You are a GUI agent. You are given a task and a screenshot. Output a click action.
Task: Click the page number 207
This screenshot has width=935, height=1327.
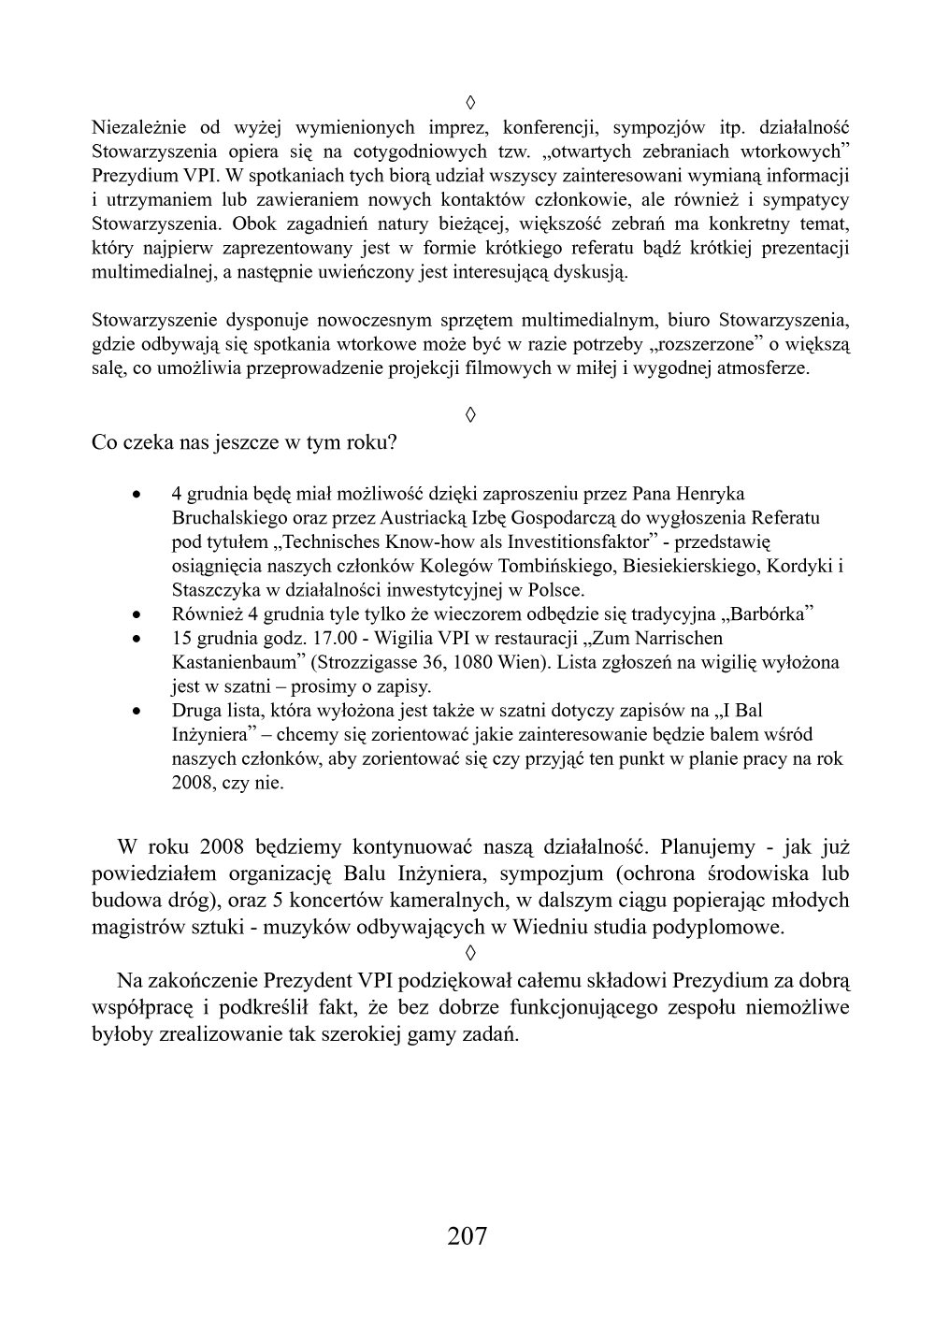pyautogui.click(x=467, y=1235)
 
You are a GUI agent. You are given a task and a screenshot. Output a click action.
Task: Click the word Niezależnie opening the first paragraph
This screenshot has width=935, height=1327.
pyautogui.click(x=138, y=126)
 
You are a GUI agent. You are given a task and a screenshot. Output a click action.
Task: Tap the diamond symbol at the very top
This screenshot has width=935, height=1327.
pyautogui.click(x=470, y=100)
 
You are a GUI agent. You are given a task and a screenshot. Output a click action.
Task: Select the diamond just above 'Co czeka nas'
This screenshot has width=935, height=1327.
pyautogui.click(x=470, y=413)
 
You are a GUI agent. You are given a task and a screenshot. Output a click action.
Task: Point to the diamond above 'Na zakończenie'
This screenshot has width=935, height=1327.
pyautogui.click(x=470, y=954)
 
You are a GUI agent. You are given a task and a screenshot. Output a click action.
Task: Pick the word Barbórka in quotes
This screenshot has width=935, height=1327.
pyautogui.click(x=770, y=614)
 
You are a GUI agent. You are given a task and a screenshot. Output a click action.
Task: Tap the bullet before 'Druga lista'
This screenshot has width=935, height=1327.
pyautogui.click(x=137, y=712)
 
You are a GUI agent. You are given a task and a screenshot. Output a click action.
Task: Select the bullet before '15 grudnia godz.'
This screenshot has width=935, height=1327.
pyautogui.click(x=137, y=640)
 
